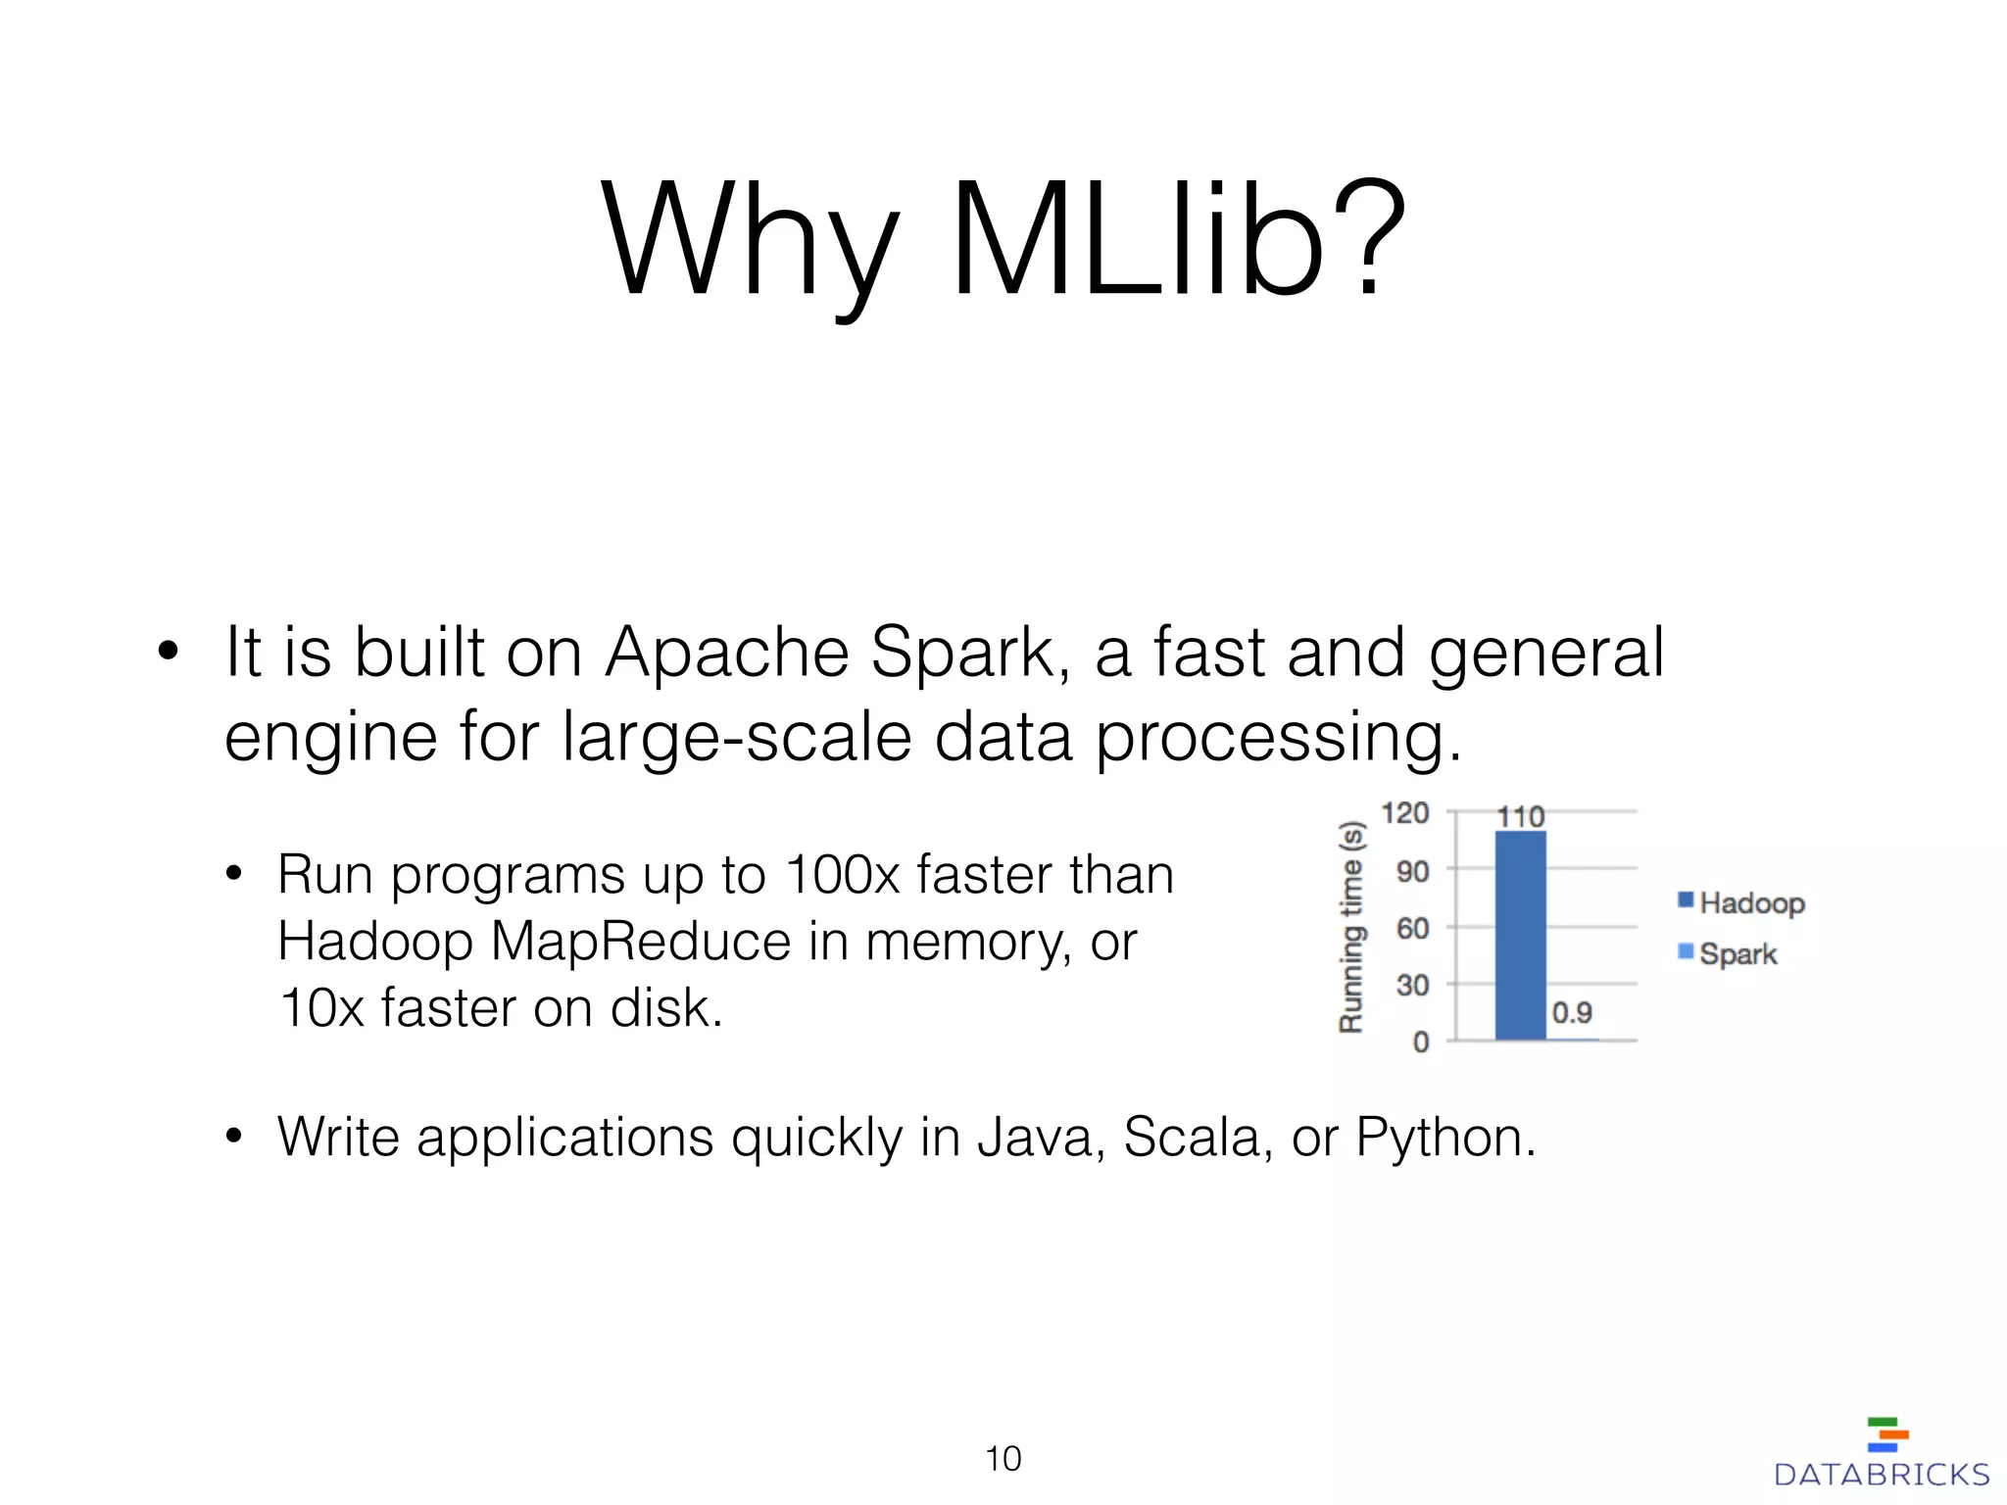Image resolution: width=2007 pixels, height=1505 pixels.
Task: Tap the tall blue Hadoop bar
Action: pos(1520,936)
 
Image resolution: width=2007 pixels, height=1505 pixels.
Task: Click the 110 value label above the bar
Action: pos(1520,816)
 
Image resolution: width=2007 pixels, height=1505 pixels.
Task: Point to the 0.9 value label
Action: pos(1572,1012)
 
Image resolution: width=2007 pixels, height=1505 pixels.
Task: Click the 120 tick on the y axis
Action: pos(1404,812)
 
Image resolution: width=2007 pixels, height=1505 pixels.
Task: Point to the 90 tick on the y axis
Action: pos(1412,870)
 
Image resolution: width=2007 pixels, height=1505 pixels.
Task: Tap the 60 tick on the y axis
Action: pos(1412,927)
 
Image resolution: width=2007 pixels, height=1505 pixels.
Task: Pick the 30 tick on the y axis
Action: pos(1412,984)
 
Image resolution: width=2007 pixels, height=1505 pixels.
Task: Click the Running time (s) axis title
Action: pos(1351,927)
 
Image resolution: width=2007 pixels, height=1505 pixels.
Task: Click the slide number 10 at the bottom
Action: pos(1003,1459)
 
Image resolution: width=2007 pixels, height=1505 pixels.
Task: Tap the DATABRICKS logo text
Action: pos(1881,1475)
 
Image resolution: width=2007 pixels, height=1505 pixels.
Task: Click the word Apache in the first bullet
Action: pos(726,653)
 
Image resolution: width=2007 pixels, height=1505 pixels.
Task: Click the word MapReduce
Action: pos(640,942)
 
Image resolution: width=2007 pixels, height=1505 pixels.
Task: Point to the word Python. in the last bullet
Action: pos(1445,1138)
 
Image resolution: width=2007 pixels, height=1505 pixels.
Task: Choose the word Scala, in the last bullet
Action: pos(1198,1138)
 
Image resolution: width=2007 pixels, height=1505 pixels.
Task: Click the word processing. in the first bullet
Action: pos(1277,737)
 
